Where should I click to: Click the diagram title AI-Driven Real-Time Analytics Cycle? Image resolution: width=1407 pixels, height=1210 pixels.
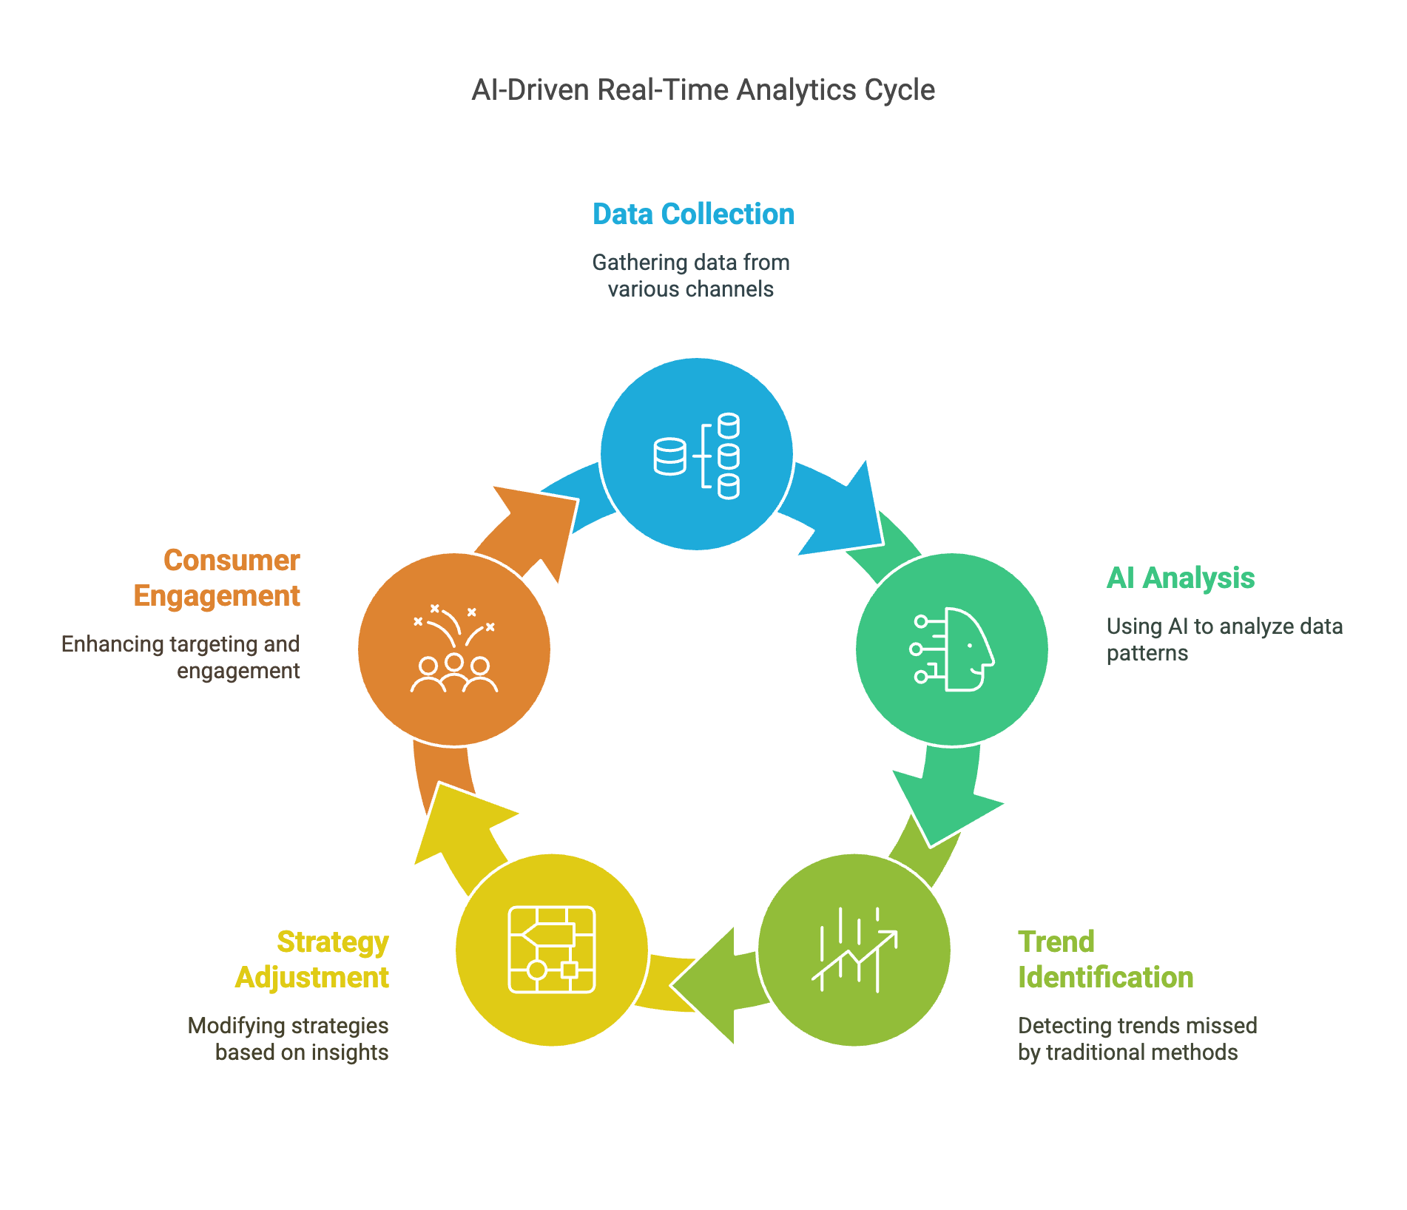[703, 90]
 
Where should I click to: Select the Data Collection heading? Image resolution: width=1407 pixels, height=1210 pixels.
[694, 214]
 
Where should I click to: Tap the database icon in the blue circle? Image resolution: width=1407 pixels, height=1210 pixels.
[697, 456]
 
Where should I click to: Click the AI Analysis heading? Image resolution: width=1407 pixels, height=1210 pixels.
[1181, 578]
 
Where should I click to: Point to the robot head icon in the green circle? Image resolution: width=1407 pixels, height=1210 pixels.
[953, 649]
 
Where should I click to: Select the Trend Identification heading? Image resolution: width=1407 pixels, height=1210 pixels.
[1105, 960]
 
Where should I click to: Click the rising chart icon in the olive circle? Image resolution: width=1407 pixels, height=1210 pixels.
[854, 950]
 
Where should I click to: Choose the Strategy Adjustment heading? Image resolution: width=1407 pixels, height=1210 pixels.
[312, 960]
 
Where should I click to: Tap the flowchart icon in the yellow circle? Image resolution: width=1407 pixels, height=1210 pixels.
[552, 950]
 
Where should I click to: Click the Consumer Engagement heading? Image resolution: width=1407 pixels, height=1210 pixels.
[217, 578]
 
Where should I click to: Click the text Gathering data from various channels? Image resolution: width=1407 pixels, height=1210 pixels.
[691, 276]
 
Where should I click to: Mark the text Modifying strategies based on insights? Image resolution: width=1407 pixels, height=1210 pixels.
[289, 1039]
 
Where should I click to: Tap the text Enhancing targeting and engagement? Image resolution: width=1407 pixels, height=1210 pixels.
[180, 658]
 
